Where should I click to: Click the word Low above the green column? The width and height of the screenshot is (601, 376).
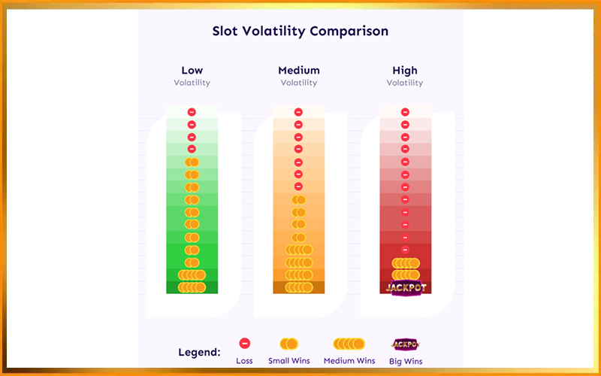[x=192, y=71]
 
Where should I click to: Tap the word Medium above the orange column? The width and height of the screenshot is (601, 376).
[x=298, y=71]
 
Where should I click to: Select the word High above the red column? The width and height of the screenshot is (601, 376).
[x=405, y=71]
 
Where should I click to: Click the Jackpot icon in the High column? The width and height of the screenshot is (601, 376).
[x=405, y=288]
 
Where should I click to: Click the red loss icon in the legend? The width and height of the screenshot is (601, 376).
[x=244, y=344]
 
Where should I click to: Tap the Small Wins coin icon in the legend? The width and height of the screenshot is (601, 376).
[x=289, y=344]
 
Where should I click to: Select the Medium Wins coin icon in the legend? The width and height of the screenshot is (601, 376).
[x=349, y=344]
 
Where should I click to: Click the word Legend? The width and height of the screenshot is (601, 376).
[x=199, y=352]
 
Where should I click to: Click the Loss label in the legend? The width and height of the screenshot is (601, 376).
[x=244, y=361]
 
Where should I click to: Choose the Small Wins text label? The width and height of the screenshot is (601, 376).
[x=289, y=361]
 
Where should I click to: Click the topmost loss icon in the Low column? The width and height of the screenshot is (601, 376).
[x=192, y=112]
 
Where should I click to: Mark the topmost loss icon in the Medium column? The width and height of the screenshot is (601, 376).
[x=298, y=112]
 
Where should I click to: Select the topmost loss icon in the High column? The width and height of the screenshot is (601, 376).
[x=405, y=112]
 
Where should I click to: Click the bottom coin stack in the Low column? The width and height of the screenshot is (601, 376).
[x=192, y=287]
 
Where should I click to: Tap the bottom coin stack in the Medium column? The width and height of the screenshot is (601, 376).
[x=298, y=287]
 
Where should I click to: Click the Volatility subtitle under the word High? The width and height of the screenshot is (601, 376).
[x=405, y=83]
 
